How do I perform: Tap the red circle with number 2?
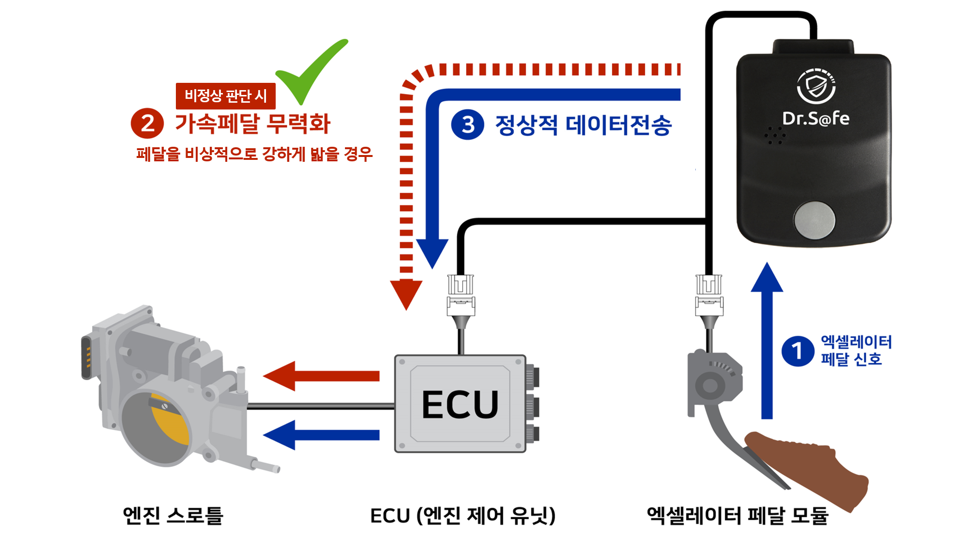147,123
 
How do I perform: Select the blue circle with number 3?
468,125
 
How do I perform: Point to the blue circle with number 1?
797,351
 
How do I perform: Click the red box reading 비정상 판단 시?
225,96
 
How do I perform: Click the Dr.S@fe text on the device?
815,118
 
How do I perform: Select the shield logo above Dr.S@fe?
816,86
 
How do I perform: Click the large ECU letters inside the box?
460,405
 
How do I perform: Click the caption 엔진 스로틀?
173,515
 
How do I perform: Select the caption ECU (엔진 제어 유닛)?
463,515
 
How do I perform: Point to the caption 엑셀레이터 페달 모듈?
737,515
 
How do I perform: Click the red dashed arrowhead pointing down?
406,294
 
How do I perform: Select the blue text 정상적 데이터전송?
583,125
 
